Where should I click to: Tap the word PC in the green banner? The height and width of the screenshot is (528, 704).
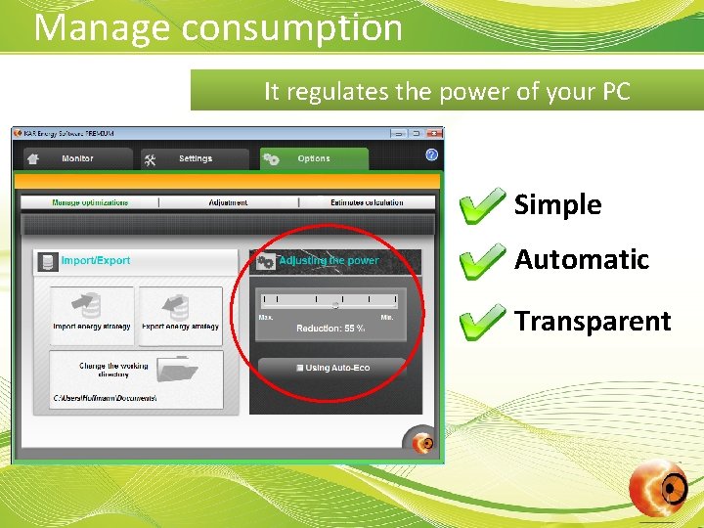click(613, 92)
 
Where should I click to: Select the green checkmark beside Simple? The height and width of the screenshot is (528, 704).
click(482, 205)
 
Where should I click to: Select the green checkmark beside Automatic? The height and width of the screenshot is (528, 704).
click(482, 260)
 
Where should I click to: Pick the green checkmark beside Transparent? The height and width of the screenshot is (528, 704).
click(482, 322)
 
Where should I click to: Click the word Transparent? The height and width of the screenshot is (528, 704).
click(593, 322)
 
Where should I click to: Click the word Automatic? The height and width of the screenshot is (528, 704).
click(582, 260)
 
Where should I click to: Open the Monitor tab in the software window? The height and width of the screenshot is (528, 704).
click(77, 158)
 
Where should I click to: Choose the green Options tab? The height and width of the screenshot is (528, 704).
click(313, 158)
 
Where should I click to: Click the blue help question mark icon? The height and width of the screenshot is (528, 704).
click(431, 154)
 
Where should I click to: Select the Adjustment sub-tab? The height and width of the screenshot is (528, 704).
click(228, 202)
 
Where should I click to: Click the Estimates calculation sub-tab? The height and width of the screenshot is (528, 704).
click(367, 202)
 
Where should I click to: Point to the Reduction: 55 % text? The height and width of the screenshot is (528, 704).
click(330, 329)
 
